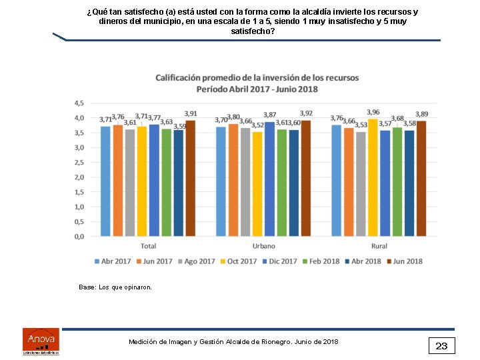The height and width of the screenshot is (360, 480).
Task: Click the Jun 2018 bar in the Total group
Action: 190,179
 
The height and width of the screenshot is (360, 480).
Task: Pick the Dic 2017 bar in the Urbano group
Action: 269,179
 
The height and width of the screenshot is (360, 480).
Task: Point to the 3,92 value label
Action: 306,113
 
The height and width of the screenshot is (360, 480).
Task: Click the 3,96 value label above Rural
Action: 373,112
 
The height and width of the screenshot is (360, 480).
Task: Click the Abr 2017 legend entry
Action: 113,261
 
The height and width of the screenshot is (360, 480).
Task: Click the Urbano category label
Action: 263,246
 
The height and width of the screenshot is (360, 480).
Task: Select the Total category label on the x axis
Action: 148,246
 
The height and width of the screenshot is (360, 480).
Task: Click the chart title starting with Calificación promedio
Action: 257,83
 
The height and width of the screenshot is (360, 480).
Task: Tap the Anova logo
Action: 41,341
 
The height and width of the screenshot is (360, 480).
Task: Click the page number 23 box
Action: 441,345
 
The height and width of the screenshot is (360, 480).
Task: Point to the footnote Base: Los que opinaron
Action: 115,287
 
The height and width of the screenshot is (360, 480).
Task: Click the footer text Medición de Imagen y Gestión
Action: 233,342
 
